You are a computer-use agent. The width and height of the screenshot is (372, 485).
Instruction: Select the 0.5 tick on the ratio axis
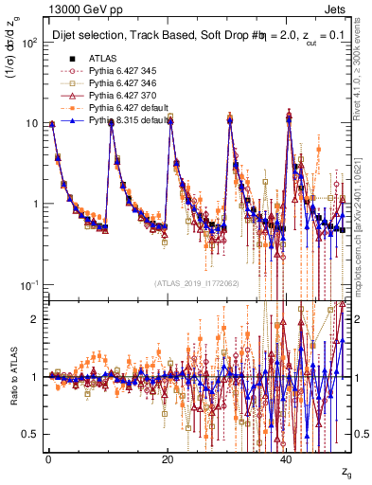coord(30,434)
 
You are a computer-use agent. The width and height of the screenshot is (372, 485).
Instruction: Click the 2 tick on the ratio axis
coord(34,318)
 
